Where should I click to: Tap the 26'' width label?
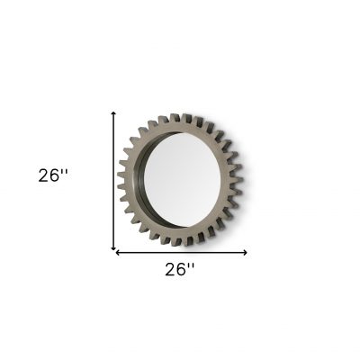(180, 269)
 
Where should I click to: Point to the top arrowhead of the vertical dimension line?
(113, 113)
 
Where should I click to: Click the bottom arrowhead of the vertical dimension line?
(113, 247)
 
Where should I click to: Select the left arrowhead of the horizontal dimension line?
(118, 253)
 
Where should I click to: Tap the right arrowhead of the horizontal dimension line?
(245, 253)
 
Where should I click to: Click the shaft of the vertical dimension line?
(113, 180)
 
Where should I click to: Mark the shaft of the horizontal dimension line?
(182, 253)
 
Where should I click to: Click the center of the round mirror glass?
(182, 180)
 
